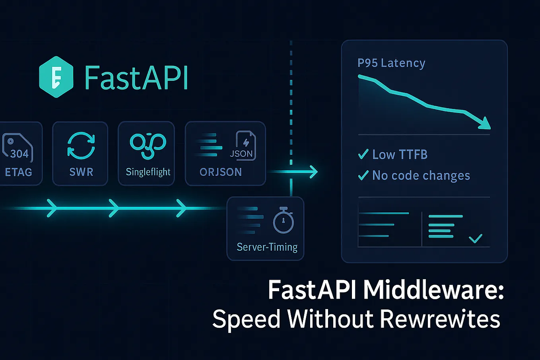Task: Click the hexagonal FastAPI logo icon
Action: click(x=56, y=77)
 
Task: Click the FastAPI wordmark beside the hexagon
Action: click(x=136, y=78)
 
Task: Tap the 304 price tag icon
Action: click(x=17, y=147)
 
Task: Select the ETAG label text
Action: click(x=18, y=172)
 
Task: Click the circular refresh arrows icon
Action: click(x=81, y=146)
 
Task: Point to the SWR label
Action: click(x=81, y=172)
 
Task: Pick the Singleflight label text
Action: click(x=148, y=172)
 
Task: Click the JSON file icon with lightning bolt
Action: click(x=243, y=146)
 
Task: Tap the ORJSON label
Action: click(x=221, y=172)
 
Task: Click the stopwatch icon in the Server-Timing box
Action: click(x=283, y=220)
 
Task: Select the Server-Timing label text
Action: click(x=267, y=247)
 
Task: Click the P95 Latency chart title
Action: click(x=391, y=63)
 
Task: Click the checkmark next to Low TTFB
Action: click(x=363, y=154)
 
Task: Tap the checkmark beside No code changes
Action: click(x=363, y=175)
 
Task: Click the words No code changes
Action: click(x=421, y=175)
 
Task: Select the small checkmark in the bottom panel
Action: click(x=475, y=238)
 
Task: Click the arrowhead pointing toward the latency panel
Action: click(x=313, y=172)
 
